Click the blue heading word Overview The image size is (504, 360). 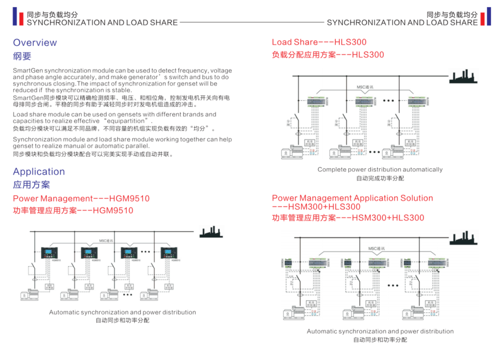pos(35,43)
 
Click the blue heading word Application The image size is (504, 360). pos(39,172)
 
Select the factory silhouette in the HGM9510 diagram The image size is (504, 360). pos(212,232)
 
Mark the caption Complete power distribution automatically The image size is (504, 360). pos(380,170)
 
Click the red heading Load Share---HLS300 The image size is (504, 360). pos(319,42)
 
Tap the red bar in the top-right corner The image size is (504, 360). pos(488,18)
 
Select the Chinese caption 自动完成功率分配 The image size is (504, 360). pos(380,178)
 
